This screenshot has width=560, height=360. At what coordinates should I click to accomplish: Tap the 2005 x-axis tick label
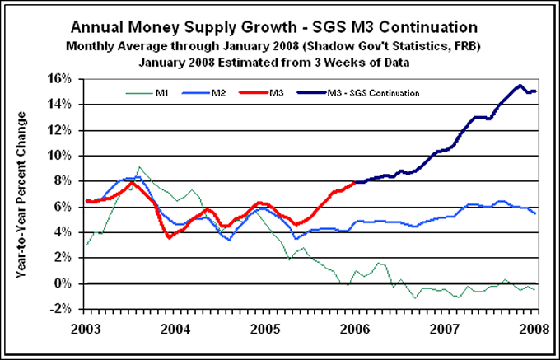point(266,322)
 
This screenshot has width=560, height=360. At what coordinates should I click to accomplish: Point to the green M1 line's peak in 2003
point(138,167)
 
